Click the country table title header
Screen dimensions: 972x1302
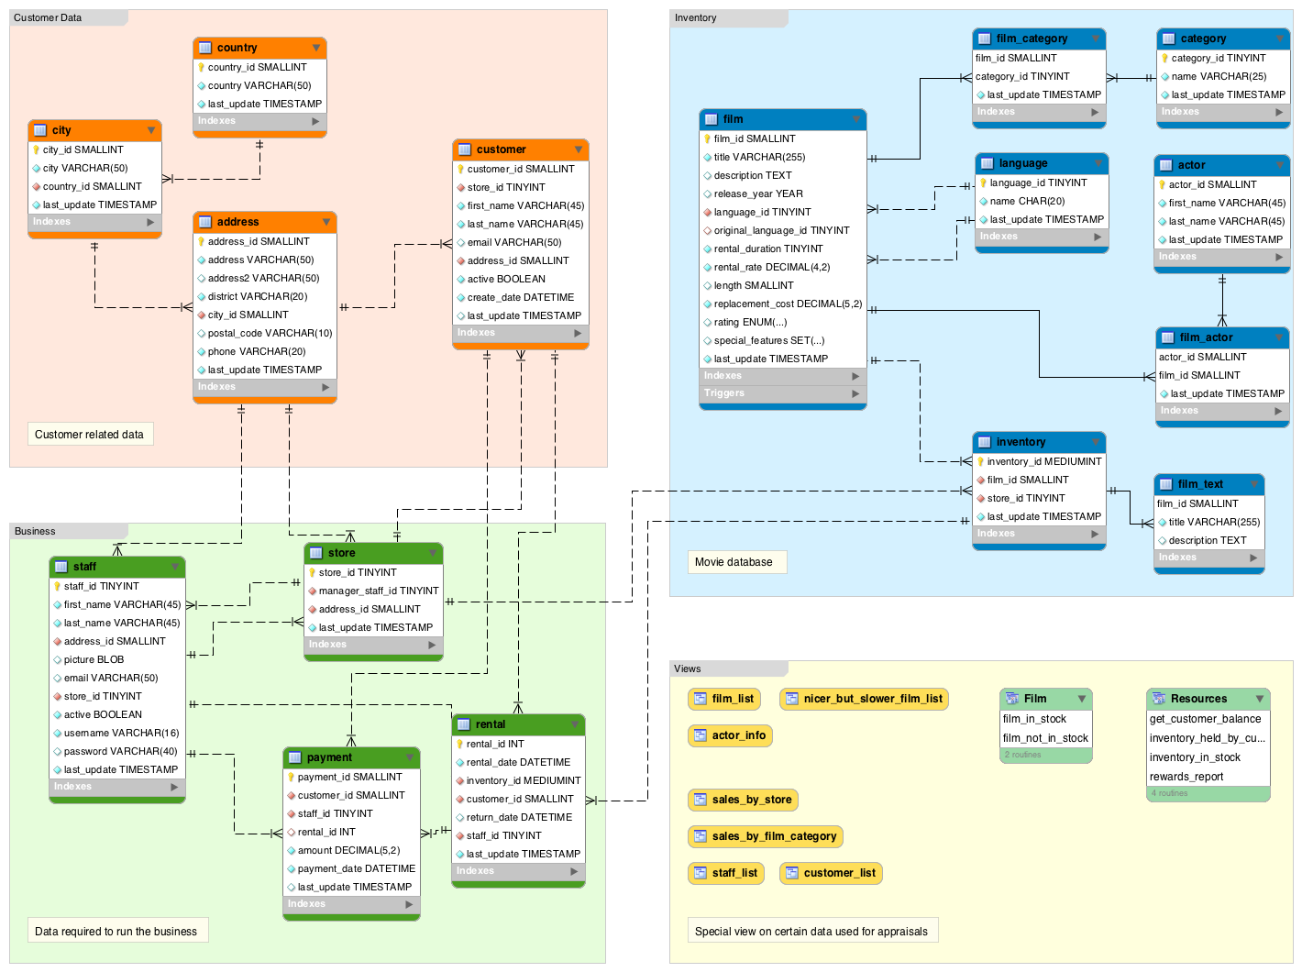coord(259,48)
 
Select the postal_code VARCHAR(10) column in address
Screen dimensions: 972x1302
coord(269,334)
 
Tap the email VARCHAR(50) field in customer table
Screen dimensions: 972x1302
coord(513,243)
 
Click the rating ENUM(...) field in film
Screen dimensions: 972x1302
coord(750,323)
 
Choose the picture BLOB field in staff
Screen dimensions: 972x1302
coord(94,660)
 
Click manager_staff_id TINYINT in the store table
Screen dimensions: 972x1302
coord(378,591)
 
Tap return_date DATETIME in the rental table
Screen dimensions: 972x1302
coord(519,818)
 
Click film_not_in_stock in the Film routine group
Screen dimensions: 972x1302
coord(1045,739)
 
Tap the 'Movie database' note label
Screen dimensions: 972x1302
coord(734,563)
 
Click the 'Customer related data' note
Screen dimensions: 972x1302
coord(89,435)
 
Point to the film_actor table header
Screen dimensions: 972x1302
coord(1221,338)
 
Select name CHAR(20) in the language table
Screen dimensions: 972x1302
coord(1027,202)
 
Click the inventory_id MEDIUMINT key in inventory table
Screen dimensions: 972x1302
coord(1043,462)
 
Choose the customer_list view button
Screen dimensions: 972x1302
coord(831,874)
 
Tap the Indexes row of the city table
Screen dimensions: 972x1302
coord(94,222)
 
